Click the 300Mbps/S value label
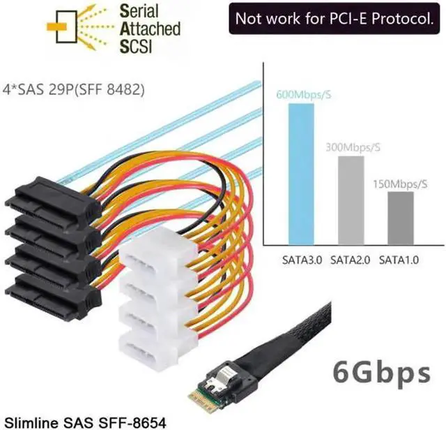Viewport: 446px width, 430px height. tap(353, 147)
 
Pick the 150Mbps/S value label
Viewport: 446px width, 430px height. tap(401, 184)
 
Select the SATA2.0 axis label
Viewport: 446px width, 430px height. tap(351, 260)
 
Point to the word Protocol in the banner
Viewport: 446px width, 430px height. tap(400, 19)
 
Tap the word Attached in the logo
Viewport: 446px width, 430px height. tap(149, 29)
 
